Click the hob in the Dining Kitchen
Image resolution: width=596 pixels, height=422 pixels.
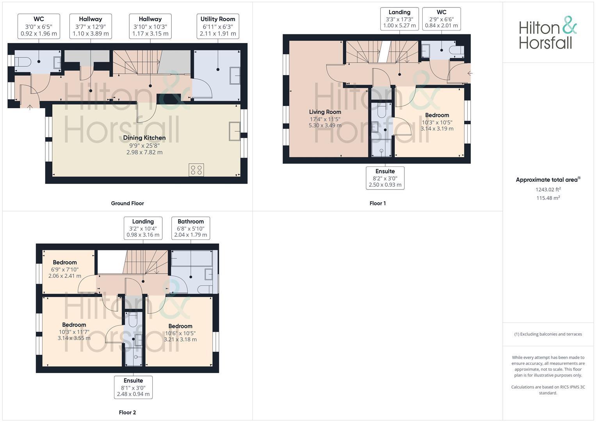tap(196, 170)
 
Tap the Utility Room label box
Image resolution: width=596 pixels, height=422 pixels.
tap(218, 27)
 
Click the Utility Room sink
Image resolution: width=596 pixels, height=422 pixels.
tap(235, 76)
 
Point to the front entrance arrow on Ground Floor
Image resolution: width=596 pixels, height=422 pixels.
tap(30, 107)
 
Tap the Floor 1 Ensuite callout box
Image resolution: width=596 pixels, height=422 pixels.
tap(385, 178)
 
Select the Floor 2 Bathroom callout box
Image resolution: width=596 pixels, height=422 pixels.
tap(191, 228)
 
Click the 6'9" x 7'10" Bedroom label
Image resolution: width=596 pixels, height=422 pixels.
tap(65, 269)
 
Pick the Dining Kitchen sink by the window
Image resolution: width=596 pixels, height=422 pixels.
tap(235, 131)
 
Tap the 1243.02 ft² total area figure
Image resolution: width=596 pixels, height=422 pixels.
tap(548, 190)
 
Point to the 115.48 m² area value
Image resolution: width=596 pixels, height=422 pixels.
tap(548, 198)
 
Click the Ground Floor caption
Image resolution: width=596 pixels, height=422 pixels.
tap(128, 203)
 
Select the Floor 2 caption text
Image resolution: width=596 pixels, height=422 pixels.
tap(128, 412)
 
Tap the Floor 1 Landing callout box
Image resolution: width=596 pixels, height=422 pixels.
tap(399, 19)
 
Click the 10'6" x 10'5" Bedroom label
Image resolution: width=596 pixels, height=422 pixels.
tap(180, 333)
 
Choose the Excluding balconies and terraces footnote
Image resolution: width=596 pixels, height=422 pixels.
tap(548, 334)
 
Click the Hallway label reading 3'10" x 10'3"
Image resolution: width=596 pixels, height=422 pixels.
tap(150, 27)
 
